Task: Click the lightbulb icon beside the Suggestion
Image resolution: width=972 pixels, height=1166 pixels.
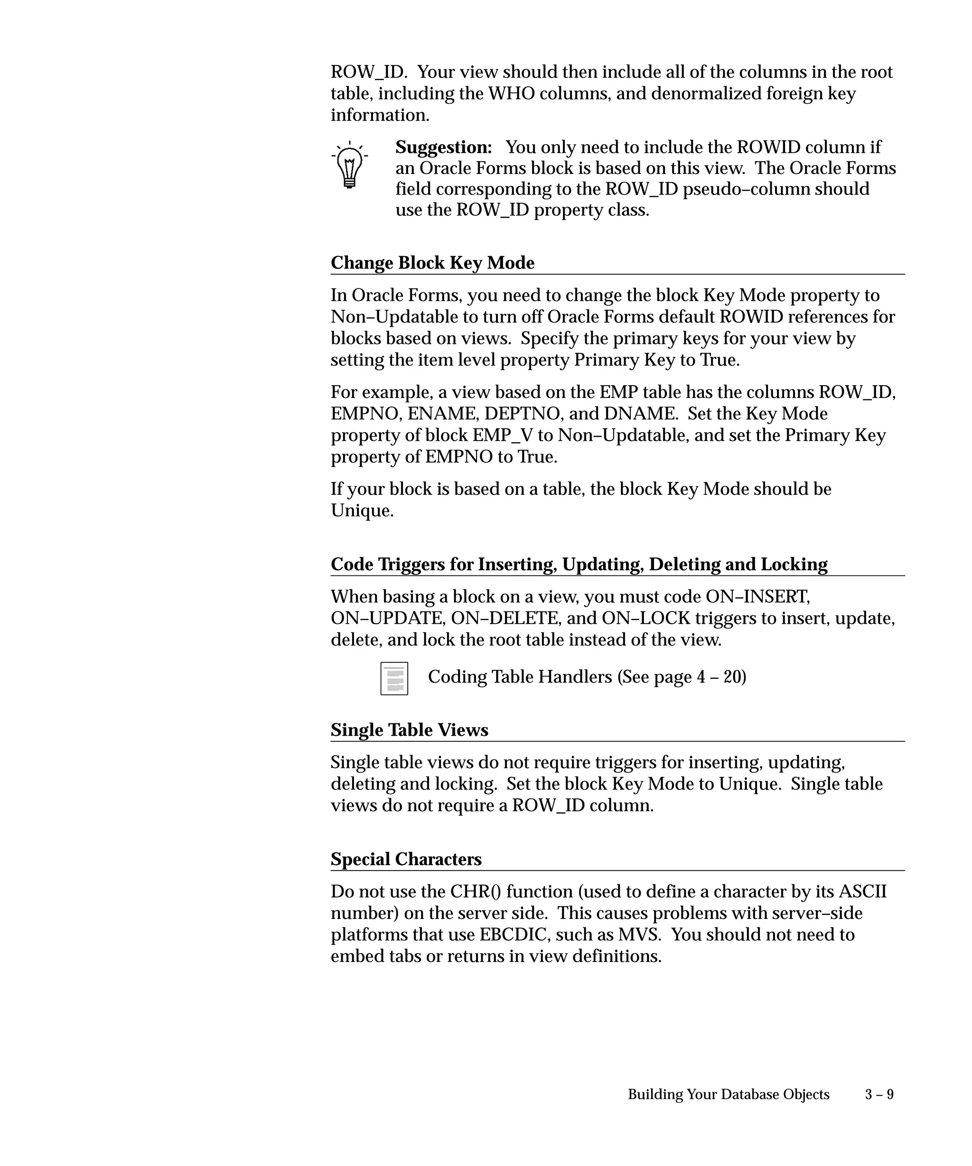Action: (349, 166)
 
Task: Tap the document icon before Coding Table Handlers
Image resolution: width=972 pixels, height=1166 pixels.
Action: (394, 678)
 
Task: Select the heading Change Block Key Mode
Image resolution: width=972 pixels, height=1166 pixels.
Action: (432, 263)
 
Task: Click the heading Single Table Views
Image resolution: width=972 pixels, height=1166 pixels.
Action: (410, 730)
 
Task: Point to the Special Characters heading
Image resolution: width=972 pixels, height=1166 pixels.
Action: (406, 859)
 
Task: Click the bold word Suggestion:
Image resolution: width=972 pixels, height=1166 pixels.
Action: (443, 147)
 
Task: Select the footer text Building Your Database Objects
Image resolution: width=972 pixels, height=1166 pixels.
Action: (728, 1094)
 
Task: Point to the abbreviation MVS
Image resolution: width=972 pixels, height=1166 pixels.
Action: (639, 935)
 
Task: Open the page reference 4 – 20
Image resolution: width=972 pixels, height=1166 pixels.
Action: (720, 677)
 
